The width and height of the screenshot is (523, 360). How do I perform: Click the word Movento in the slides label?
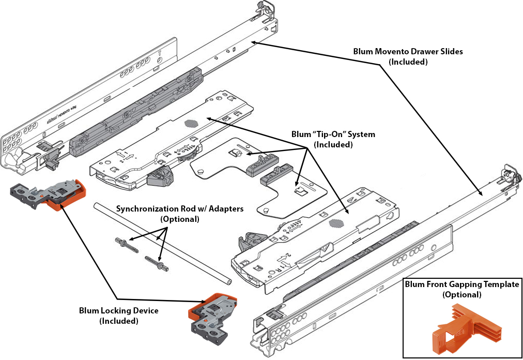(x=389, y=52)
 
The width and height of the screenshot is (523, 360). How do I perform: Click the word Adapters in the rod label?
(x=224, y=209)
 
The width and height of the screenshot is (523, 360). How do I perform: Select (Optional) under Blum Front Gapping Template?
(x=462, y=295)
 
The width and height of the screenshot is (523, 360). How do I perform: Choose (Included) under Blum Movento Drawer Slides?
(x=408, y=62)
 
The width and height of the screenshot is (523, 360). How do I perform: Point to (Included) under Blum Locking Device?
(x=118, y=321)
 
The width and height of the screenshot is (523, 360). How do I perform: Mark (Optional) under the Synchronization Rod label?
(x=179, y=219)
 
